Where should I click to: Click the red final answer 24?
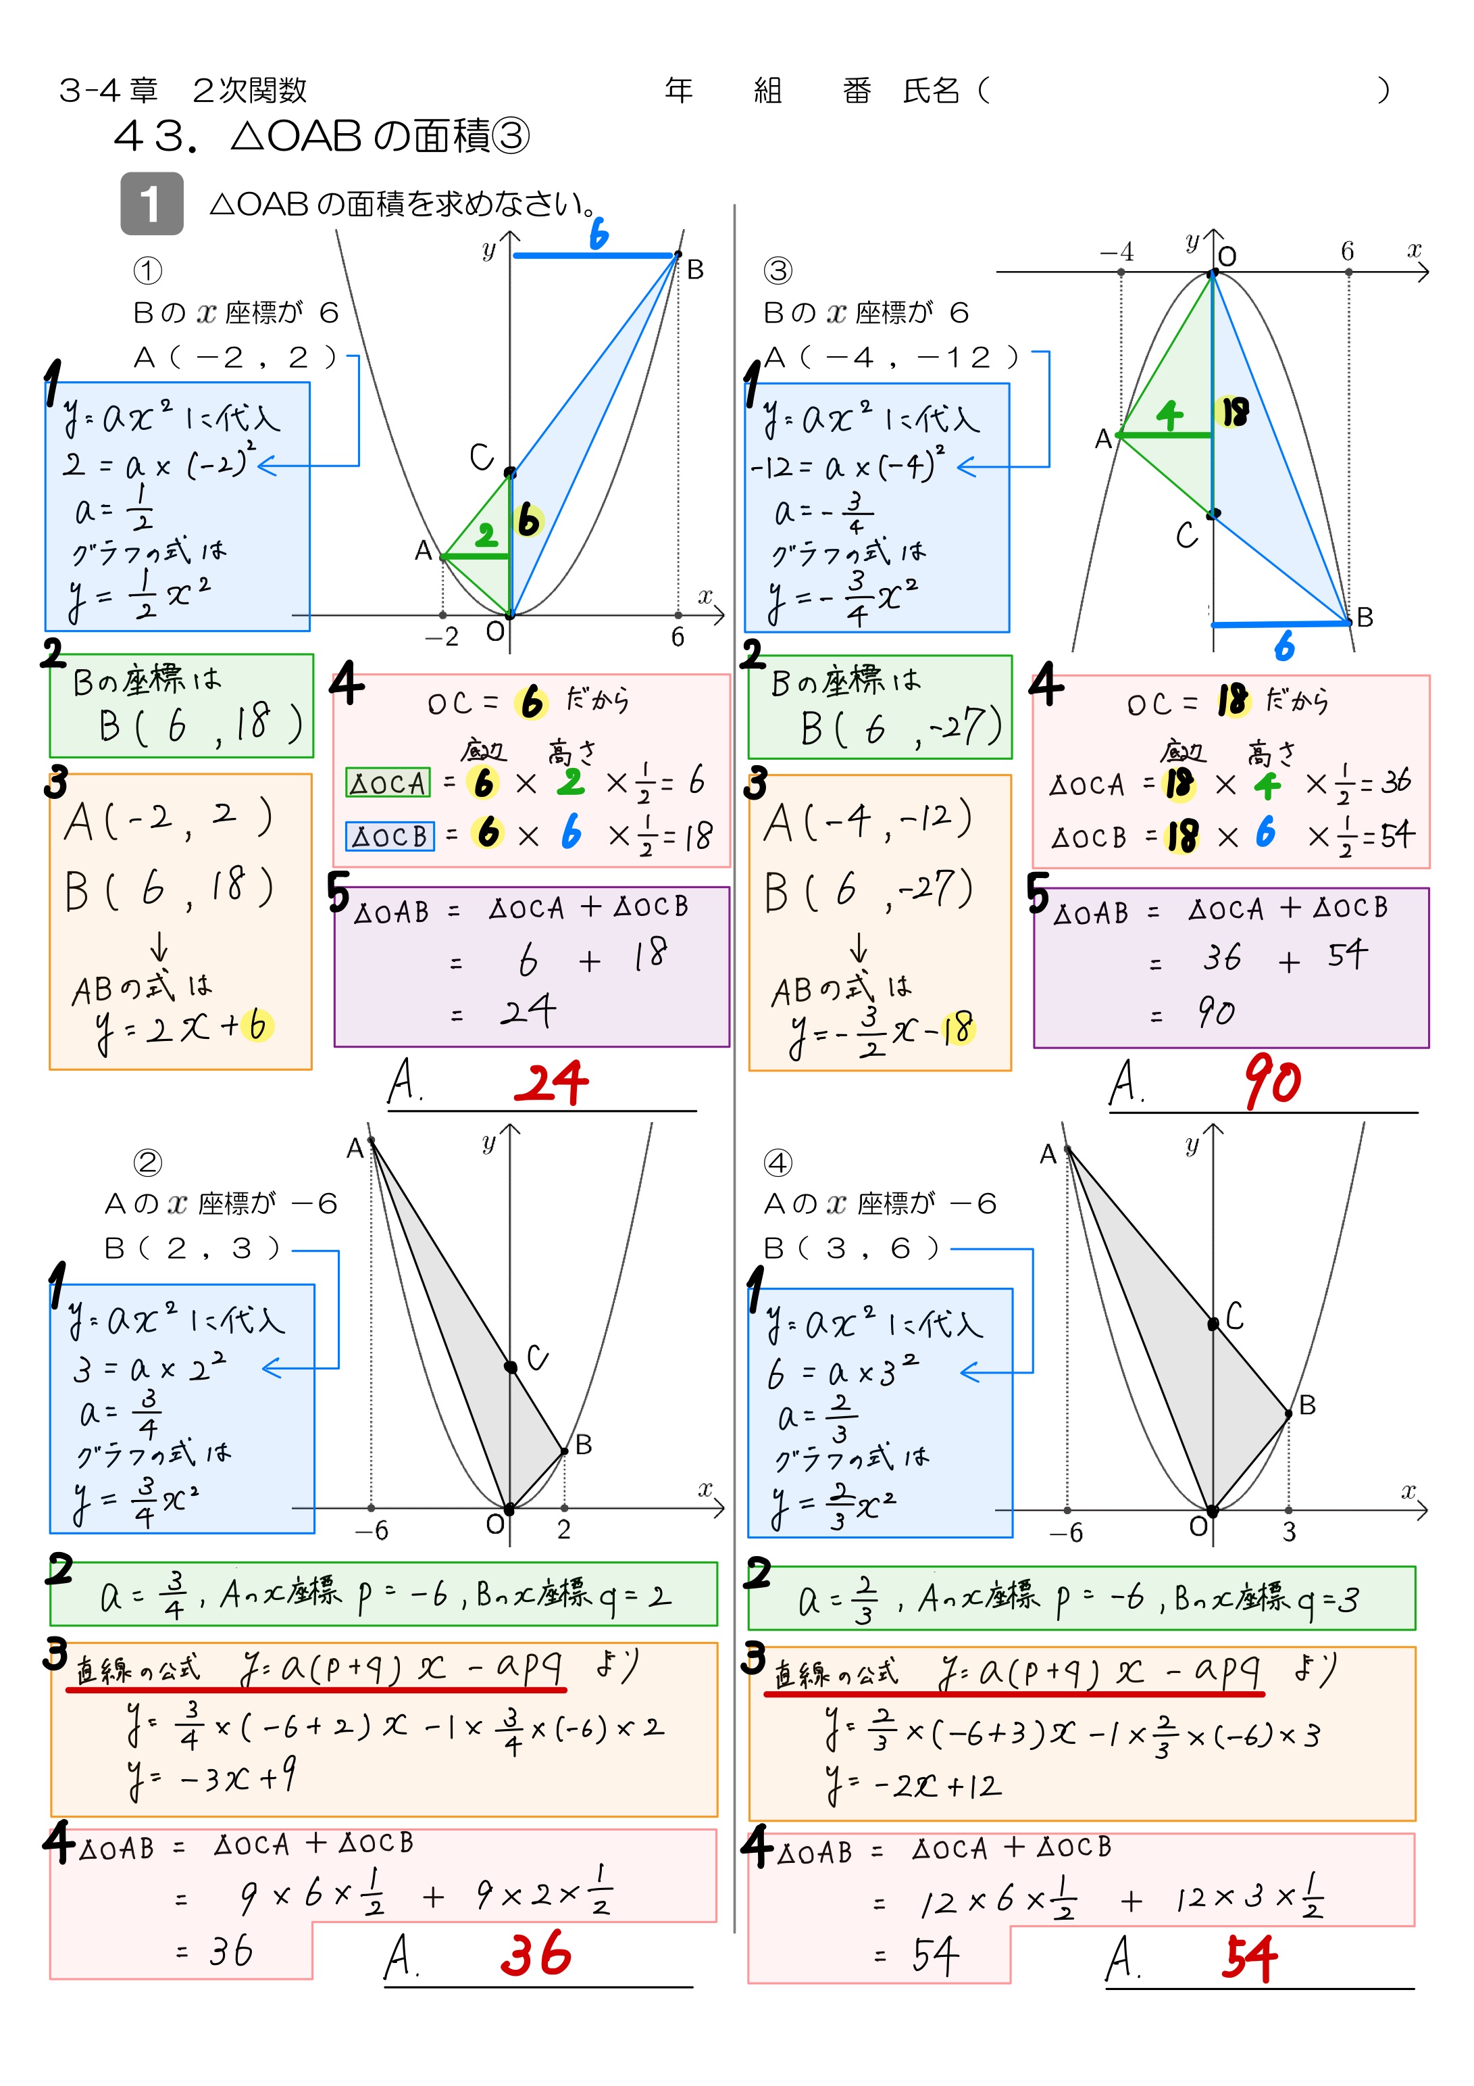(551, 1083)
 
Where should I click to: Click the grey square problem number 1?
(152, 203)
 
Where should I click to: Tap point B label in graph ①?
(694, 270)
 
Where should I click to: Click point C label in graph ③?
(1186, 535)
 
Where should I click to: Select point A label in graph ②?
(355, 1149)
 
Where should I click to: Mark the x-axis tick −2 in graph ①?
(442, 637)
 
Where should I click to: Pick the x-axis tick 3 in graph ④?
(1289, 1532)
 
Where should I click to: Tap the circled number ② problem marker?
(147, 1163)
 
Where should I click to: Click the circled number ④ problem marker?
(778, 1163)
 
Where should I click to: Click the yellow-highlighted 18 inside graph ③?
(1234, 412)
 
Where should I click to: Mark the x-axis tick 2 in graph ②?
(564, 1530)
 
